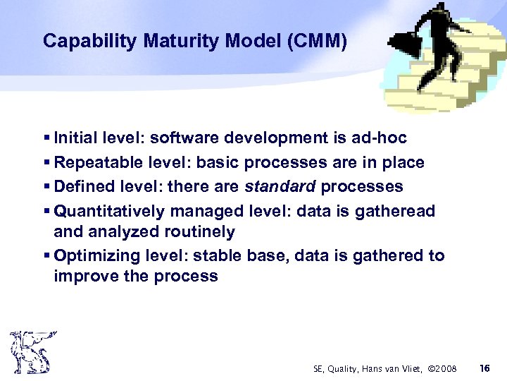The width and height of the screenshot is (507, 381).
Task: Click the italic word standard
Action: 280,186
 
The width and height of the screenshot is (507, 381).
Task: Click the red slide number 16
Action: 484,368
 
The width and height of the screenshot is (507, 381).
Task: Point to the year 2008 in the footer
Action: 445,368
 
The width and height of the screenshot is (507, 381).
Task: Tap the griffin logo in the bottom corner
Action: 30,352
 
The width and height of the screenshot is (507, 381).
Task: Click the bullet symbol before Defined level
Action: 46,187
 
